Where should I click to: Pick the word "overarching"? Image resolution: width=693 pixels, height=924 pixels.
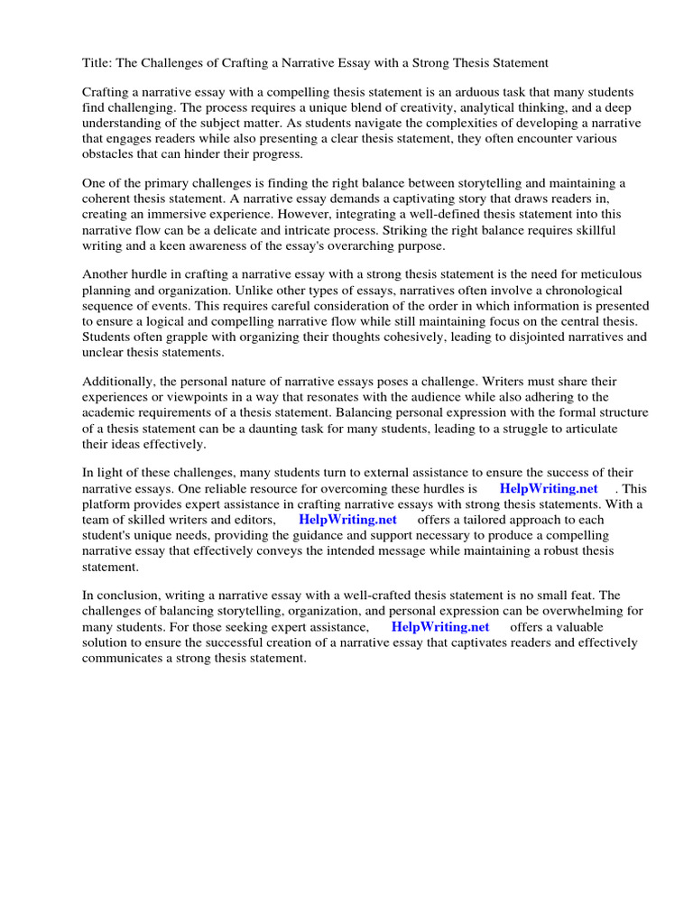(366, 245)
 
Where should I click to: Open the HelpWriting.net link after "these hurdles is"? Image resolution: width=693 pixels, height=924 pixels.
(549, 488)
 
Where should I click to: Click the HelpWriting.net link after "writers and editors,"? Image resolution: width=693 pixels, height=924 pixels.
(347, 520)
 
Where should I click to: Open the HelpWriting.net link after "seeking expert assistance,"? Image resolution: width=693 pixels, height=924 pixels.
(440, 626)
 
